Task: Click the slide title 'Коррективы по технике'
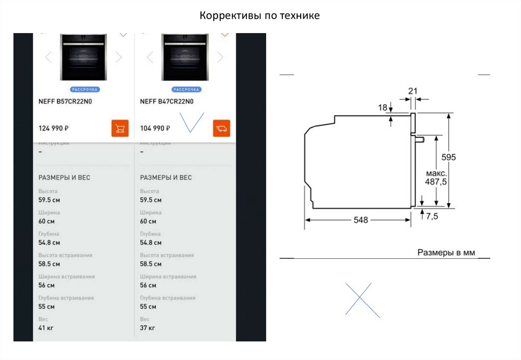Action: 259,16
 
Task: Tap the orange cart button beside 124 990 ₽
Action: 120,128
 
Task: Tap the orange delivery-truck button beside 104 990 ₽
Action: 222,128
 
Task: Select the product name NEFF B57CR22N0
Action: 66,101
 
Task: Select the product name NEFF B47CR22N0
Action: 167,101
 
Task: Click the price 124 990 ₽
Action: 54,128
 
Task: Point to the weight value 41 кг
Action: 46,328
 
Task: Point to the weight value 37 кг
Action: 148,328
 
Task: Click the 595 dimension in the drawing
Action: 449,157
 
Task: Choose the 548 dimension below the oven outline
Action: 361,220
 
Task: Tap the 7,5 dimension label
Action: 431,216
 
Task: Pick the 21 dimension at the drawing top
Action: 413,91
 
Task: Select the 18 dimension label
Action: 383,107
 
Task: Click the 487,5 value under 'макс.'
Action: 436,182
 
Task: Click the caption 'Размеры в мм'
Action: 446,252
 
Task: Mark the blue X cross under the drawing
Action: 362,301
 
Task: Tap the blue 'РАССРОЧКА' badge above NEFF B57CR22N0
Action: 84,89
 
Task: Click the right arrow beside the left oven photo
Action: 119,57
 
